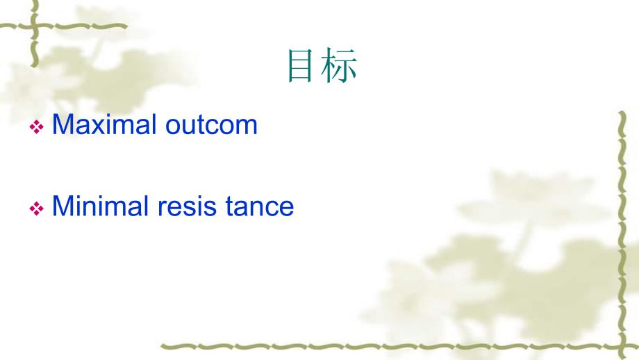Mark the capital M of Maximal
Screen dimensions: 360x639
tap(62, 124)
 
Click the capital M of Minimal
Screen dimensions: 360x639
tap(62, 206)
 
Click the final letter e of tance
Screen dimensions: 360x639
tap(286, 208)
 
